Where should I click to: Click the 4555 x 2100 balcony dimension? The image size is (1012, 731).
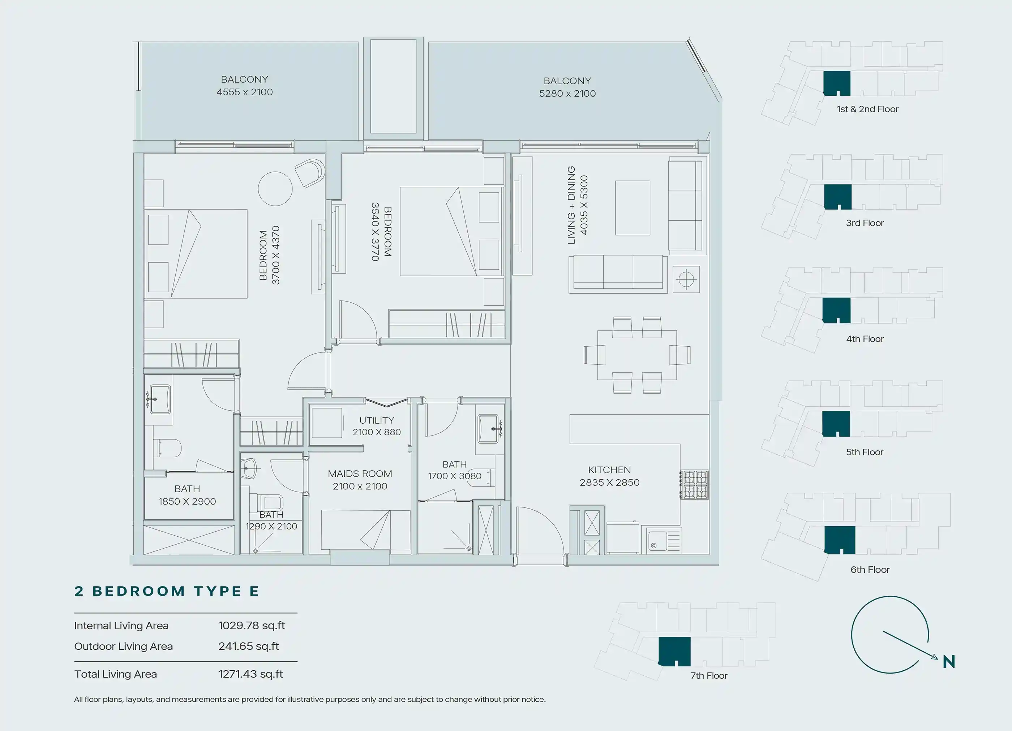245,92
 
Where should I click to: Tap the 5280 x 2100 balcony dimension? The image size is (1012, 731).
567,94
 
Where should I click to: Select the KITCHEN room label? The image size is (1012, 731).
609,470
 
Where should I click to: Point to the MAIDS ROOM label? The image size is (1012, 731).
360,473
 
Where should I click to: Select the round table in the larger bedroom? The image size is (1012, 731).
275,189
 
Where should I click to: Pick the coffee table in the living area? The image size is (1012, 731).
632,208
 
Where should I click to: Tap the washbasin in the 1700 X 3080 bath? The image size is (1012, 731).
488,429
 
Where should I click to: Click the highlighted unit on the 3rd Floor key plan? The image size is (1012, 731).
837,197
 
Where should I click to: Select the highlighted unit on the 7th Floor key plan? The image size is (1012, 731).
674,652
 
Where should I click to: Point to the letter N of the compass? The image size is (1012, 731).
949,662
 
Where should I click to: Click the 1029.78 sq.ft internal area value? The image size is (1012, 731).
252,626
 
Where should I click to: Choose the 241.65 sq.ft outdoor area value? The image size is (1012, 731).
249,646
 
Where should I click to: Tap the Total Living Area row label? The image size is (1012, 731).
116,674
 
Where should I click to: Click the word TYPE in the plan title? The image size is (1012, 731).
218,591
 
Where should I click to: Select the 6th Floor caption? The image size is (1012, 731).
870,570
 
